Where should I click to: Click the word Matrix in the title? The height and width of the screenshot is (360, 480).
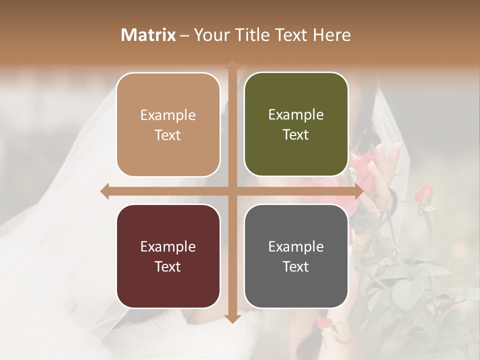point(148,35)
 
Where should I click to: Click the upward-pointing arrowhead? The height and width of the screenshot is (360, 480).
point(232,64)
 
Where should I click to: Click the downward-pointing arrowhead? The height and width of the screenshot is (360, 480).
point(232,319)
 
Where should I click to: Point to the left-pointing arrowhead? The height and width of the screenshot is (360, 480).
point(105,191)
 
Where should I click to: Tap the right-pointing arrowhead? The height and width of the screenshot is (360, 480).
point(358,191)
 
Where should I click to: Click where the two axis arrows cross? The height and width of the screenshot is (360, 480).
point(232,191)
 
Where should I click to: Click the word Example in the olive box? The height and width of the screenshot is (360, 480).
point(296,115)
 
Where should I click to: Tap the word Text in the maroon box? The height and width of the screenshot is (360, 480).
point(167,266)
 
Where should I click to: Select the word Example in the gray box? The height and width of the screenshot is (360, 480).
point(296,246)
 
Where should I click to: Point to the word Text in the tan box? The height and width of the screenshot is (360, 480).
point(167,135)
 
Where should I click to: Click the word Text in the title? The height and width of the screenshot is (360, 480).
point(291,35)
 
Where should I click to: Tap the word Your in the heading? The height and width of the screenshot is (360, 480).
point(211,35)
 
